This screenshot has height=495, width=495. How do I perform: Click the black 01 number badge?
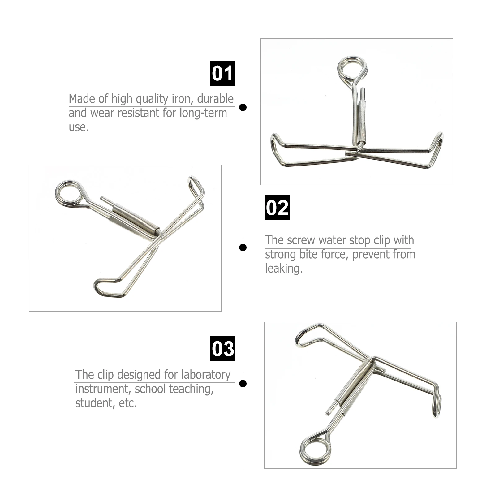(223, 73)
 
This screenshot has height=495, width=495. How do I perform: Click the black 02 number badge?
(277, 208)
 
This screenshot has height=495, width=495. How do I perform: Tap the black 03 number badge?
(223, 349)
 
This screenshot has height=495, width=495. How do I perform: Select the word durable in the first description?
(215, 99)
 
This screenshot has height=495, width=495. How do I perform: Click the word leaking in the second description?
(284, 269)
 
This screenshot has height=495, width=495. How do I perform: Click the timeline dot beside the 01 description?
(243, 107)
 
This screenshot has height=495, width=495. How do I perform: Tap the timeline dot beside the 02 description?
(243, 247)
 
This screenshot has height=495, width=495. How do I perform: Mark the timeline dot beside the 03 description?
(243, 384)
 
